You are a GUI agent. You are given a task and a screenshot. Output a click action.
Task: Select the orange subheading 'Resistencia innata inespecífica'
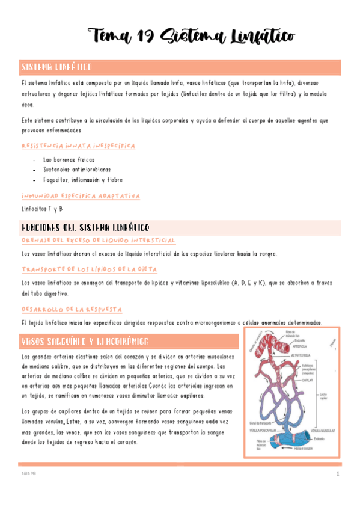pyautogui.click(x=78, y=146)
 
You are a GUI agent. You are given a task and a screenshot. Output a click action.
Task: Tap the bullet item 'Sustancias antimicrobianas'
pyautogui.click(x=78, y=170)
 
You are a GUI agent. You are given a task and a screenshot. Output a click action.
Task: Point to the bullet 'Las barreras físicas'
pyautogui.click(x=69, y=160)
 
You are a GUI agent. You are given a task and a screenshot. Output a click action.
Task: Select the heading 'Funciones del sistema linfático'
pyautogui.click(x=85, y=227)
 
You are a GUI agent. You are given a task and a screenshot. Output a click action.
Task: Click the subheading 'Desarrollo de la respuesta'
pyautogui.click(x=72, y=309)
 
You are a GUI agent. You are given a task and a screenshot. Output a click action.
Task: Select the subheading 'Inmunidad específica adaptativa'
pyautogui.click(x=81, y=196)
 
